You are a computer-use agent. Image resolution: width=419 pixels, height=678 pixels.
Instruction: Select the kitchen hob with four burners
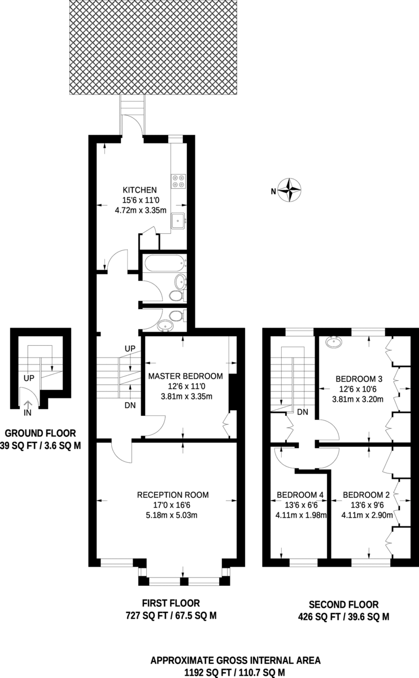pos(178,179)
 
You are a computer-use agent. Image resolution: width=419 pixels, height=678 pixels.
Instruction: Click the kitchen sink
pos(179,220)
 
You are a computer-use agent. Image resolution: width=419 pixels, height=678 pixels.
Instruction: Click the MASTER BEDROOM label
pos(185,376)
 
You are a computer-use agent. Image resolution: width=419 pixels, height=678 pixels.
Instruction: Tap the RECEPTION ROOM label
pos(173,495)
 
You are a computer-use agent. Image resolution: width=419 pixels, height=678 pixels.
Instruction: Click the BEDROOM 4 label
pos(300,495)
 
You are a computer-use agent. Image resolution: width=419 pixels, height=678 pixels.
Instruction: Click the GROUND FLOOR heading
pos(40,433)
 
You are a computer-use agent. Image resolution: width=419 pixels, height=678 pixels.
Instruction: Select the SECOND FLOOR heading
pos(343,605)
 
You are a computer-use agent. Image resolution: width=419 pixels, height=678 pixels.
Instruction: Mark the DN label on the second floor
pos(303,412)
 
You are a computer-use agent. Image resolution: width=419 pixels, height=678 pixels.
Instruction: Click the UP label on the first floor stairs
pos(129,349)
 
